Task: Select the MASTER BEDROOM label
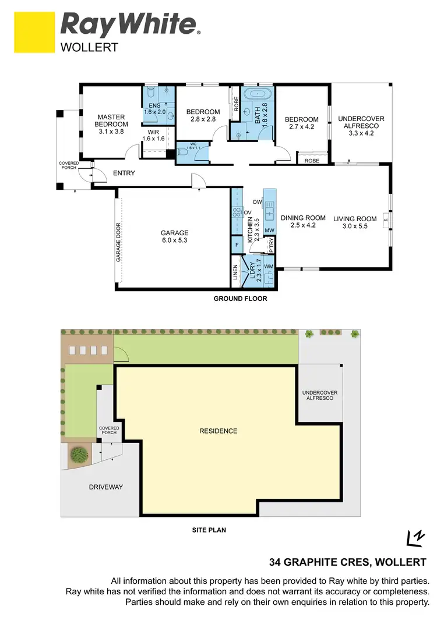[x=111, y=120]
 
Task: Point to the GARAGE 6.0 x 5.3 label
[x=175, y=236]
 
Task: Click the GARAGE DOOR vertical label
[x=118, y=242]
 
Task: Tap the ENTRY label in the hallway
[x=124, y=173]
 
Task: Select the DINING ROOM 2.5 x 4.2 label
[x=303, y=222]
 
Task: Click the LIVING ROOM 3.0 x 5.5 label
[x=355, y=222]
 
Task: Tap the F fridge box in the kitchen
[x=237, y=246]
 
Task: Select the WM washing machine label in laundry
[x=269, y=267]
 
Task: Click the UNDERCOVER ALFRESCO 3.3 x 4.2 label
[x=361, y=126]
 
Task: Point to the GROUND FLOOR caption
[x=240, y=299]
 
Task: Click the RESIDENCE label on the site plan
[x=218, y=431]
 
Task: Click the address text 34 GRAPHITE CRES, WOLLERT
[x=348, y=562]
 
